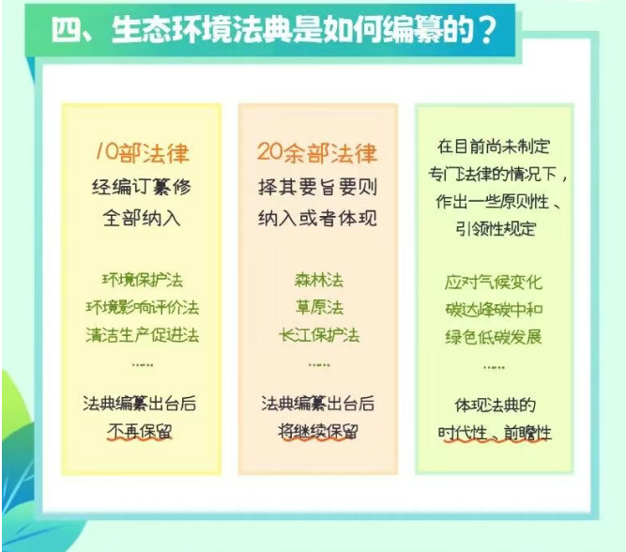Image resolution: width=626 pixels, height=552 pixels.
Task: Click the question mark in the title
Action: point(487,30)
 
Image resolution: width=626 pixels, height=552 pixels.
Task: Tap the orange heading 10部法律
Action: point(142,153)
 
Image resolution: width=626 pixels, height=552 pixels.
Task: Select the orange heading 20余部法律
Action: point(317,153)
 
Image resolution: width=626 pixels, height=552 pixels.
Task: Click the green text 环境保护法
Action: point(143,280)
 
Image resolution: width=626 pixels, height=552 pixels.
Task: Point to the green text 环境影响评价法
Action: point(143,308)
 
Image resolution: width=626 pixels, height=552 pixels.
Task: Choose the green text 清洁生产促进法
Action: point(143,335)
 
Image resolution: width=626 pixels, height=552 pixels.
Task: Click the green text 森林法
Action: point(318,280)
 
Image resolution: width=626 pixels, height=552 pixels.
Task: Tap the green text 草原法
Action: point(319,308)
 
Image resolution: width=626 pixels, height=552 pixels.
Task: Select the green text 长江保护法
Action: point(319,335)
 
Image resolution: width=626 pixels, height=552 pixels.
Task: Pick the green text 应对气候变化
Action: point(494,283)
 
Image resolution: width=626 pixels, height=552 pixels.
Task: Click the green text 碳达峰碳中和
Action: point(494,310)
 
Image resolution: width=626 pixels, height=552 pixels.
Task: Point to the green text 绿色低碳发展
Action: point(494,337)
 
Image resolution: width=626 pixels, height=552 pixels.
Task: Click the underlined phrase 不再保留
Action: point(139,432)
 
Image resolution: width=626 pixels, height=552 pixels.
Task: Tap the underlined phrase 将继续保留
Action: point(318,432)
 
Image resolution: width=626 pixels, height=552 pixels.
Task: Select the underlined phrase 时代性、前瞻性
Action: point(495,434)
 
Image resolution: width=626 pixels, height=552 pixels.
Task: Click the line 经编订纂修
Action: point(142,187)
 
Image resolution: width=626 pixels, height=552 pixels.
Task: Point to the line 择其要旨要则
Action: point(317,187)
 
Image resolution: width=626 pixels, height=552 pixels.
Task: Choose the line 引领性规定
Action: point(496,229)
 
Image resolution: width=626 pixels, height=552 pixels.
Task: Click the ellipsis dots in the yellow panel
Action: point(143,365)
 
